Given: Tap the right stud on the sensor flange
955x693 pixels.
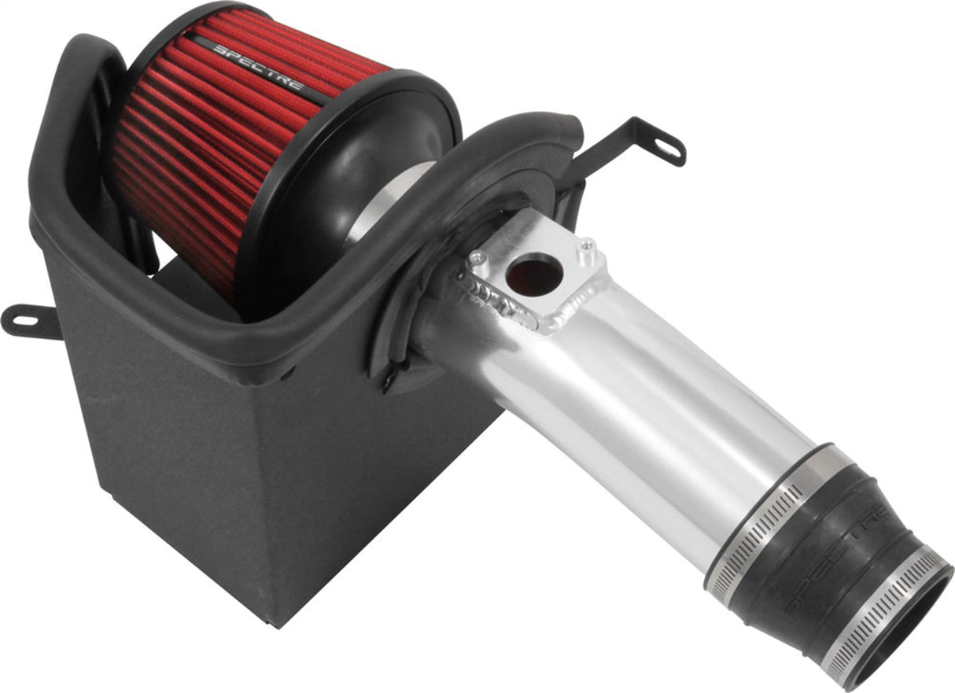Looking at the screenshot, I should [585, 247].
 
